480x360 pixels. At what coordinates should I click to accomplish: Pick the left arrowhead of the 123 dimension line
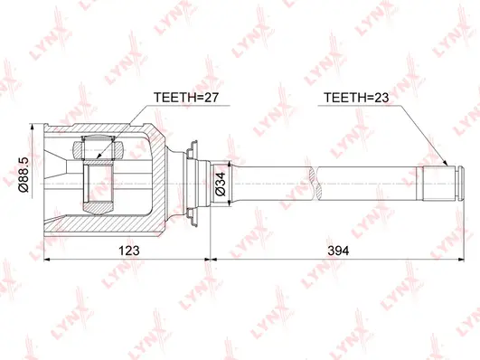45,257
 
